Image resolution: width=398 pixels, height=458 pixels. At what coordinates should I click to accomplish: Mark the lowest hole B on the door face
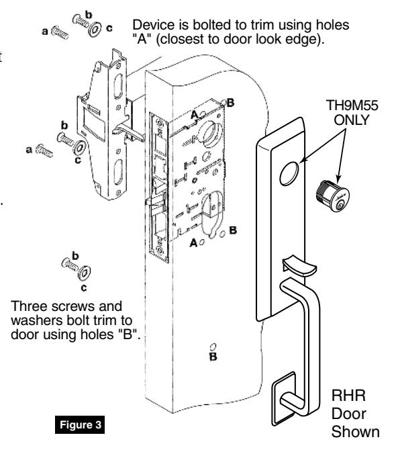pos(213,347)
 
